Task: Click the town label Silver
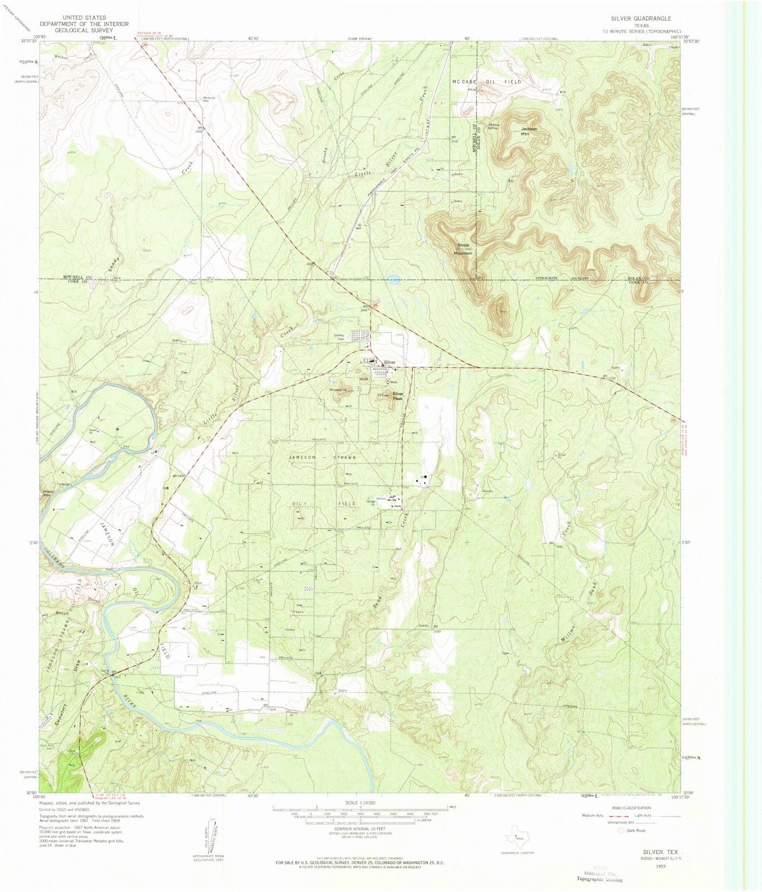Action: [389, 362]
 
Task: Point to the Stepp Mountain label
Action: [464, 249]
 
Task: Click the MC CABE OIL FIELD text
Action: [486, 81]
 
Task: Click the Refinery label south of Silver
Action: [382, 498]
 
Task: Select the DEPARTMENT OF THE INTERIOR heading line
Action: [84, 24]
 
